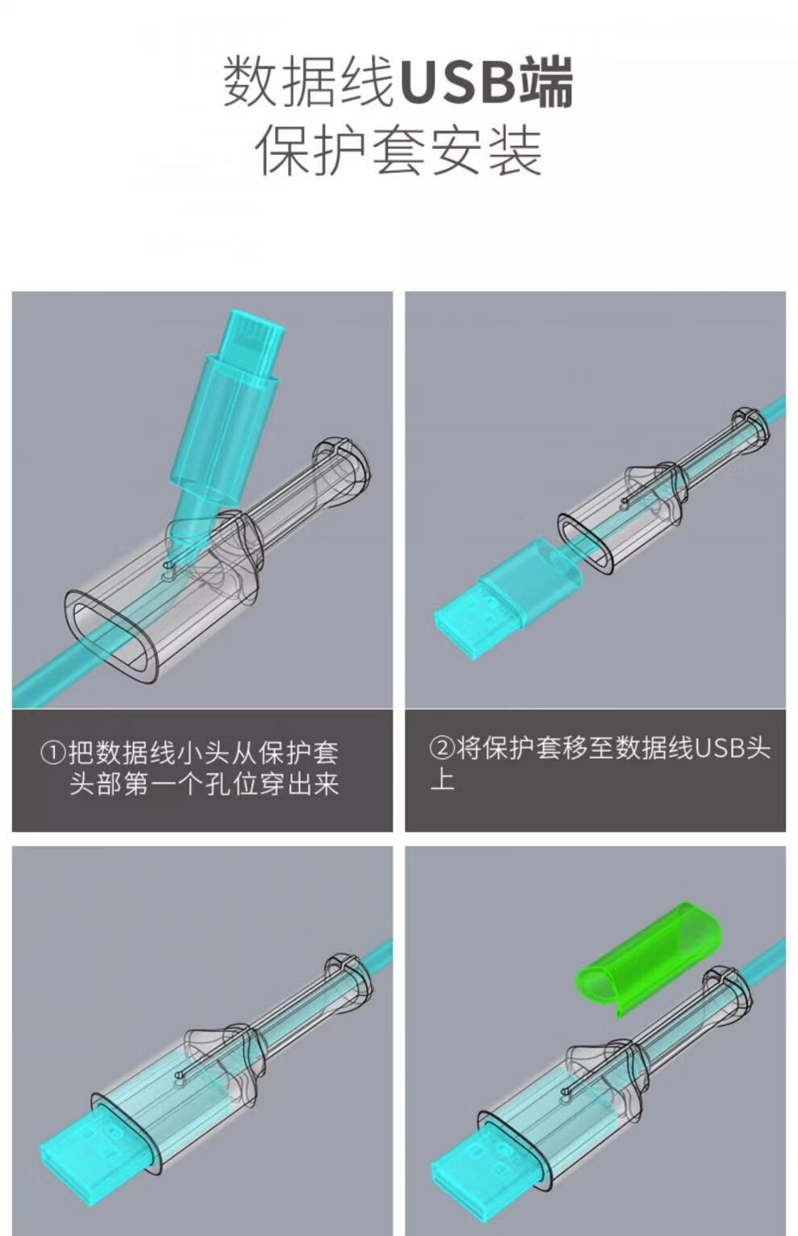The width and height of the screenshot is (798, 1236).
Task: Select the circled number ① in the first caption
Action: click(x=53, y=753)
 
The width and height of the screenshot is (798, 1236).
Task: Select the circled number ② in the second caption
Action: click(x=442, y=749)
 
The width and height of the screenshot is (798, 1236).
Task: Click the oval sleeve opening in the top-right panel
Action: click(x=584, y=543)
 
